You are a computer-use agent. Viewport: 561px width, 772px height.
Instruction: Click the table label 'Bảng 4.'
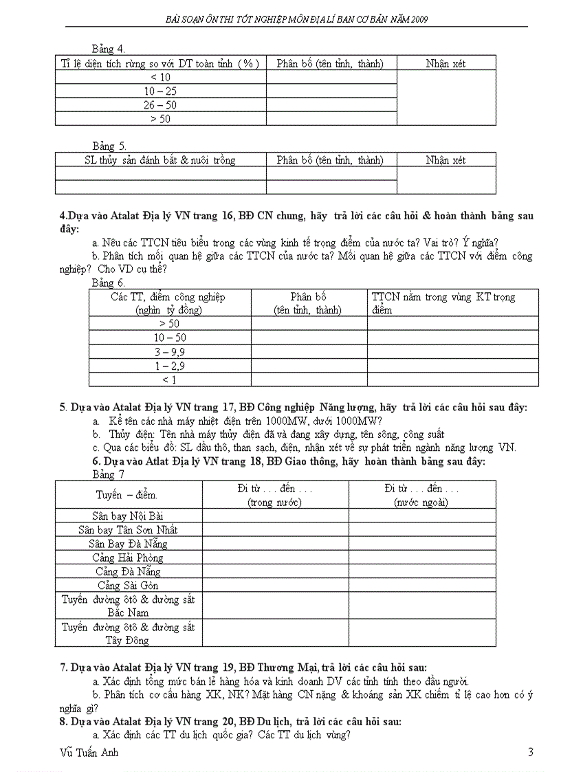tap(108, 49)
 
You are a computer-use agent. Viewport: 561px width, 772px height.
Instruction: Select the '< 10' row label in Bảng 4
tap(160, 77)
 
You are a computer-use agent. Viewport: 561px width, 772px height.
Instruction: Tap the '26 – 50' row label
tap(160, 104)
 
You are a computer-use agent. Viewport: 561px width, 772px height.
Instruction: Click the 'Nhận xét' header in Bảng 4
tap(445, 63)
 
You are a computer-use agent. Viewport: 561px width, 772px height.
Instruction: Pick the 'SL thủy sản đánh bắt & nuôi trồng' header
tap(160, 160)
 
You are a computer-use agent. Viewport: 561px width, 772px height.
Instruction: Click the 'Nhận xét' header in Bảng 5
tap(445, 160)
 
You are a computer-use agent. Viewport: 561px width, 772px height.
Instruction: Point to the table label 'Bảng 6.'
tap(108, 283)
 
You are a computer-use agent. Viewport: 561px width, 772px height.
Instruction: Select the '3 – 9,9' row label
tap(169, 352)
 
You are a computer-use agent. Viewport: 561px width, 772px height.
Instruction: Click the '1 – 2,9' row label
tap(169, 366)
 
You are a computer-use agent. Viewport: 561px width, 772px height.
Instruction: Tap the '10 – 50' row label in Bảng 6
tap(169, 338)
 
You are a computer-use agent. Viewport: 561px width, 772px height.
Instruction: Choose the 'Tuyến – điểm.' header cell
tap(128, 494)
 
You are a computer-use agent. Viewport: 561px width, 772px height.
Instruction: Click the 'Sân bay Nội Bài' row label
tap(128, 516)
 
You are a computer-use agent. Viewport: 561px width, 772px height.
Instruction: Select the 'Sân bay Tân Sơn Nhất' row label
tap(128, 529)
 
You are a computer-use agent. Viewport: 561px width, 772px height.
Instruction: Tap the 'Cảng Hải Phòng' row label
tap(128, 558)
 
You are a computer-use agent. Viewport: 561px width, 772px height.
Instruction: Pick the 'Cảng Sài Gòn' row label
tap(128, 585)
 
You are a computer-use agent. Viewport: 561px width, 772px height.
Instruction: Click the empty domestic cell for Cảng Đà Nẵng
tap(275, 571)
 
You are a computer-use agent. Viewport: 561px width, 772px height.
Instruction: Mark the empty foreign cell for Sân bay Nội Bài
tap(421, 516)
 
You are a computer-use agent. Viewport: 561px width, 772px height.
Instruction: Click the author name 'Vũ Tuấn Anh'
tap(89, 752)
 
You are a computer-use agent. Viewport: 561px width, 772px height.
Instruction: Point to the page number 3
tap(530, 752)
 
